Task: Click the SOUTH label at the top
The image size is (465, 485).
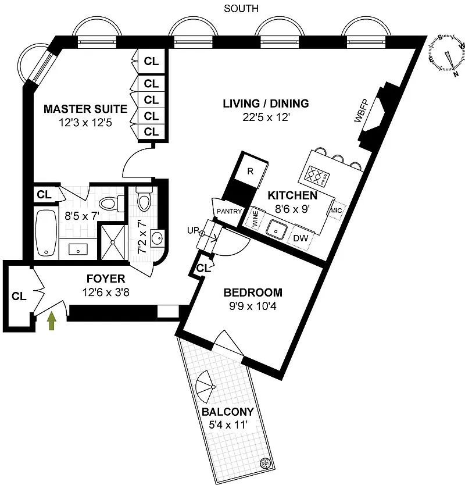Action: (x=241, y=8)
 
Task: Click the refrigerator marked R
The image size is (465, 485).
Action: (x=250, y=171)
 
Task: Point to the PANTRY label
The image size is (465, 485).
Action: (x=228, y=212)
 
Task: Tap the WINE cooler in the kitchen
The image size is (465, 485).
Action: (x=254, y=219)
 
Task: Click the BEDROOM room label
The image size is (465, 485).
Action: (x=253, y=293)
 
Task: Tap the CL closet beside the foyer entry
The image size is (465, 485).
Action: (x=19, y=296)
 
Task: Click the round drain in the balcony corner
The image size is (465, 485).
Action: (x=266, y=463)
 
